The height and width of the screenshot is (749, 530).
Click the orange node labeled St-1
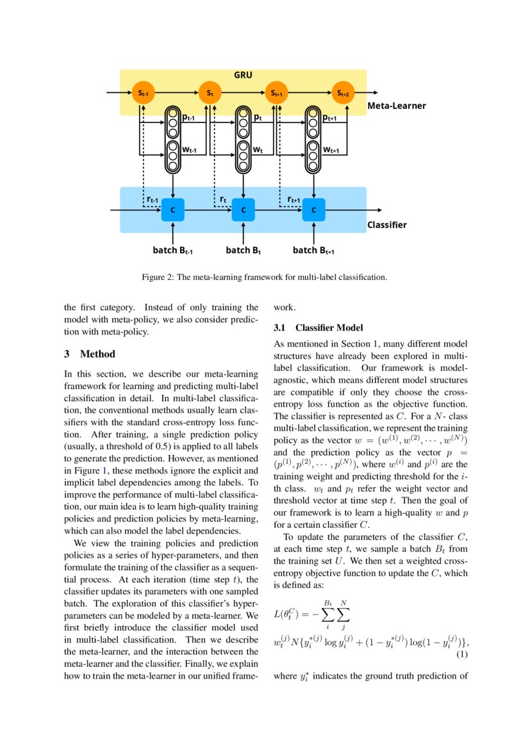tap(142, 94)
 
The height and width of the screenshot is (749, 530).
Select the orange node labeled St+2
tap(344, 94)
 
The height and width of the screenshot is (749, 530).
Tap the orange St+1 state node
tap(277, 94)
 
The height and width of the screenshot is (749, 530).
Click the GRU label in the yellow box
tap(243, 76)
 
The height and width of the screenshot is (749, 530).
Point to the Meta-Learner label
tap(396, 106)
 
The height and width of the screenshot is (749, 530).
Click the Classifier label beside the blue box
tap(386, 225)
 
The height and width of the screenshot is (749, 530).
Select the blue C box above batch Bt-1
tap(172, 210)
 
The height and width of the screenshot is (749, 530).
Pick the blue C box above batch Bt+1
tap(313, 210)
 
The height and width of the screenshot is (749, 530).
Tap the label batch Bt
tap(244, 251)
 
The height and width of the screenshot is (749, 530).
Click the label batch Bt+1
tap(313, 251)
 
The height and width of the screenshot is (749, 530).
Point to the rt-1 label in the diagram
tap(152, 200)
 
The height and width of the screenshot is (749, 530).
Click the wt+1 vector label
tap(331, 150)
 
